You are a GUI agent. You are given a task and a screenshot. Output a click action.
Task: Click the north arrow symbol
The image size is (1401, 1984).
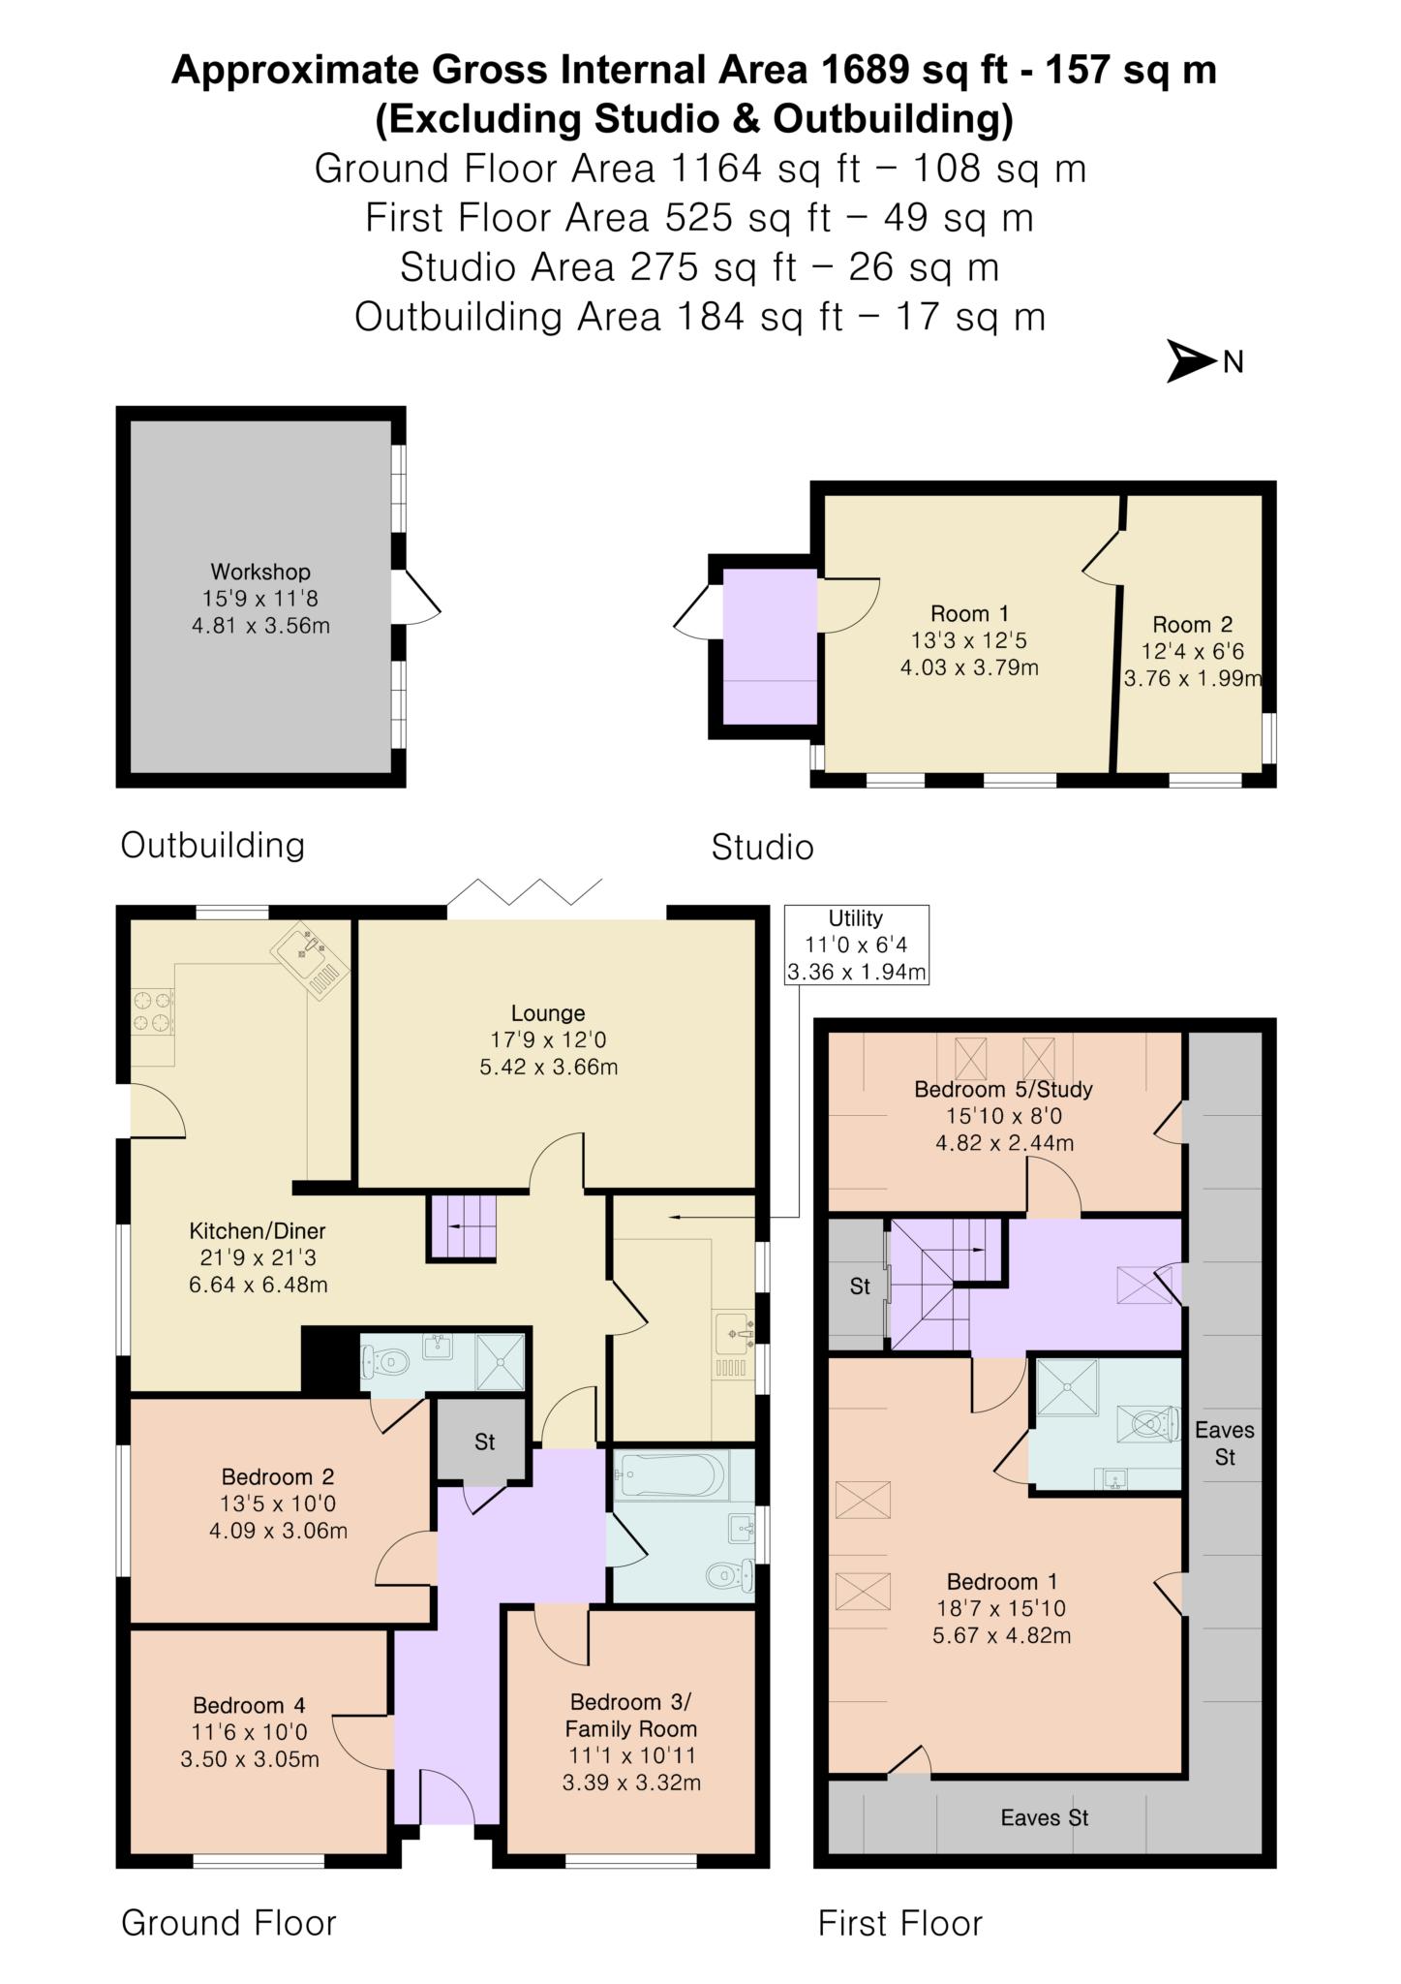[x=1191, y=361]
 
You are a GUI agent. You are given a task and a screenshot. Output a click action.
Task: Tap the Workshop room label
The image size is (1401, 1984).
[x=260, y=598]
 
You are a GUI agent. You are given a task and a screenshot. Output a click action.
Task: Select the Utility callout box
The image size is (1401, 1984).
[x=856, y=945]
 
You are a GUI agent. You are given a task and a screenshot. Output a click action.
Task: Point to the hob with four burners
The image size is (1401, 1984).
[x=152, y=1010]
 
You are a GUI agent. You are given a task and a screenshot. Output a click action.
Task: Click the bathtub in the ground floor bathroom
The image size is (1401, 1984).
[x=669, y=1477]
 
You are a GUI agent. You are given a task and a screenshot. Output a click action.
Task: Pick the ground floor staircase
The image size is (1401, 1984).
[x=462, y=1226]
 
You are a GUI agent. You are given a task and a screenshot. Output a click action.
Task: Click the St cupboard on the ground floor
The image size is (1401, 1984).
[x=484, y=1441]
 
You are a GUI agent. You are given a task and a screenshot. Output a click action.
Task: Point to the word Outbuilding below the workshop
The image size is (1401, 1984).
[x=212, y=845]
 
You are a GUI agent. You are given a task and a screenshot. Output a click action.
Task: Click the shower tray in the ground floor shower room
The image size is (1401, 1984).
[x=501, y=1361]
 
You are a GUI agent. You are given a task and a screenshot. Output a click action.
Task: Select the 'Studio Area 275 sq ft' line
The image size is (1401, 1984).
[x=699, y=267]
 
